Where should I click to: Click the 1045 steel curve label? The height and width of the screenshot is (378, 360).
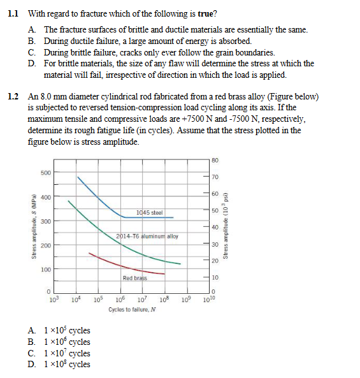click(149, 212)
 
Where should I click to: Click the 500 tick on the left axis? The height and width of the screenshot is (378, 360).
click(46, 173)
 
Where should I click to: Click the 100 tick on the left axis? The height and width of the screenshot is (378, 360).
click(46, 270)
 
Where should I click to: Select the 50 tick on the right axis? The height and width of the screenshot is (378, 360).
click(215, 210)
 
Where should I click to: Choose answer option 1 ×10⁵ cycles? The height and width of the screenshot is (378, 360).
click(66, 331)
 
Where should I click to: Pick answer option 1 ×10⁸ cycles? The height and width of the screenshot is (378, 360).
click(66, 365)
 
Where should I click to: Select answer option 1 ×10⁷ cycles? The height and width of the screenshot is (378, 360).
click(66, 353)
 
